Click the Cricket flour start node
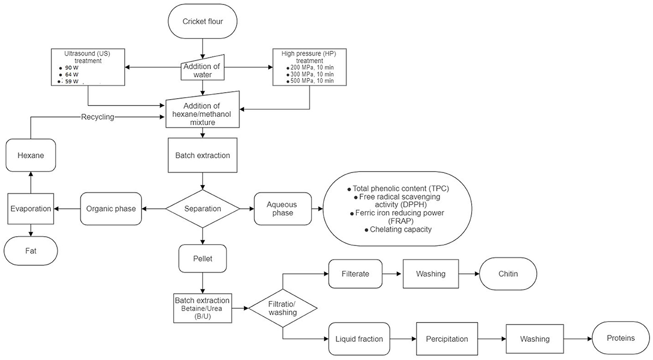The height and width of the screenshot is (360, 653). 203,21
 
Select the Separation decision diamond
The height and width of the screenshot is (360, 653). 203,209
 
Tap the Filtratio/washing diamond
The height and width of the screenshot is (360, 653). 282,308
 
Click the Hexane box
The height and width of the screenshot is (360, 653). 31,155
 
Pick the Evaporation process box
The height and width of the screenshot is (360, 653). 31,209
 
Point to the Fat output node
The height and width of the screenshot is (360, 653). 31,251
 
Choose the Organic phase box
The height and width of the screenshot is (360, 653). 111,209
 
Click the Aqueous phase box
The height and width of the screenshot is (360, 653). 282,209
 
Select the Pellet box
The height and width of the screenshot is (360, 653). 203,258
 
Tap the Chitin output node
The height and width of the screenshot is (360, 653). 508,274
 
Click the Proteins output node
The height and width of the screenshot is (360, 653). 620,338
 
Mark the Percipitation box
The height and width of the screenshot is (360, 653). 447,339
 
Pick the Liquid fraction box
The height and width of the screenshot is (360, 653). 359,339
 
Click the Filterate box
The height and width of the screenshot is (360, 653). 355,274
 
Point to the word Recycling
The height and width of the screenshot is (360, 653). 98,117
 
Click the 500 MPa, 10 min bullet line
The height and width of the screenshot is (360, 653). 310,81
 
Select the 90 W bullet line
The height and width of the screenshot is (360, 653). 69,68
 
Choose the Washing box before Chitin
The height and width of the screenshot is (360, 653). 431,274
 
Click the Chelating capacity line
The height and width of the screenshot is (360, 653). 398,230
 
